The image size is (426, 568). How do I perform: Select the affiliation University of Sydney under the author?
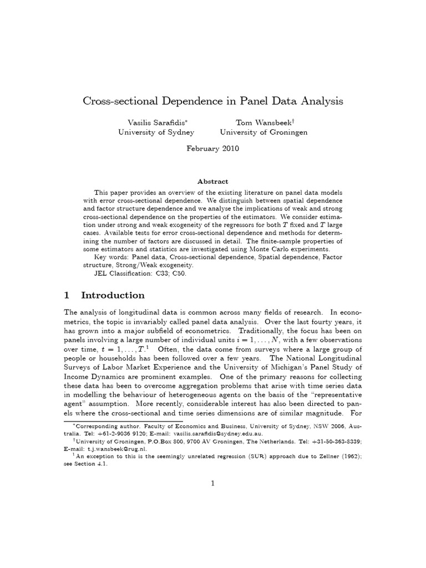[156, 133]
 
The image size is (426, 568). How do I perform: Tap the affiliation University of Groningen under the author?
[263, 133]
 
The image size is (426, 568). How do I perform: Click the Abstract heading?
[213, 181]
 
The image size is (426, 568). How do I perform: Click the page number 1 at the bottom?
[212, 484]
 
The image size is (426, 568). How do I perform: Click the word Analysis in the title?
[321, 102]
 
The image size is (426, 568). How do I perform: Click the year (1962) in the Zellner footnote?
[348, 457]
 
